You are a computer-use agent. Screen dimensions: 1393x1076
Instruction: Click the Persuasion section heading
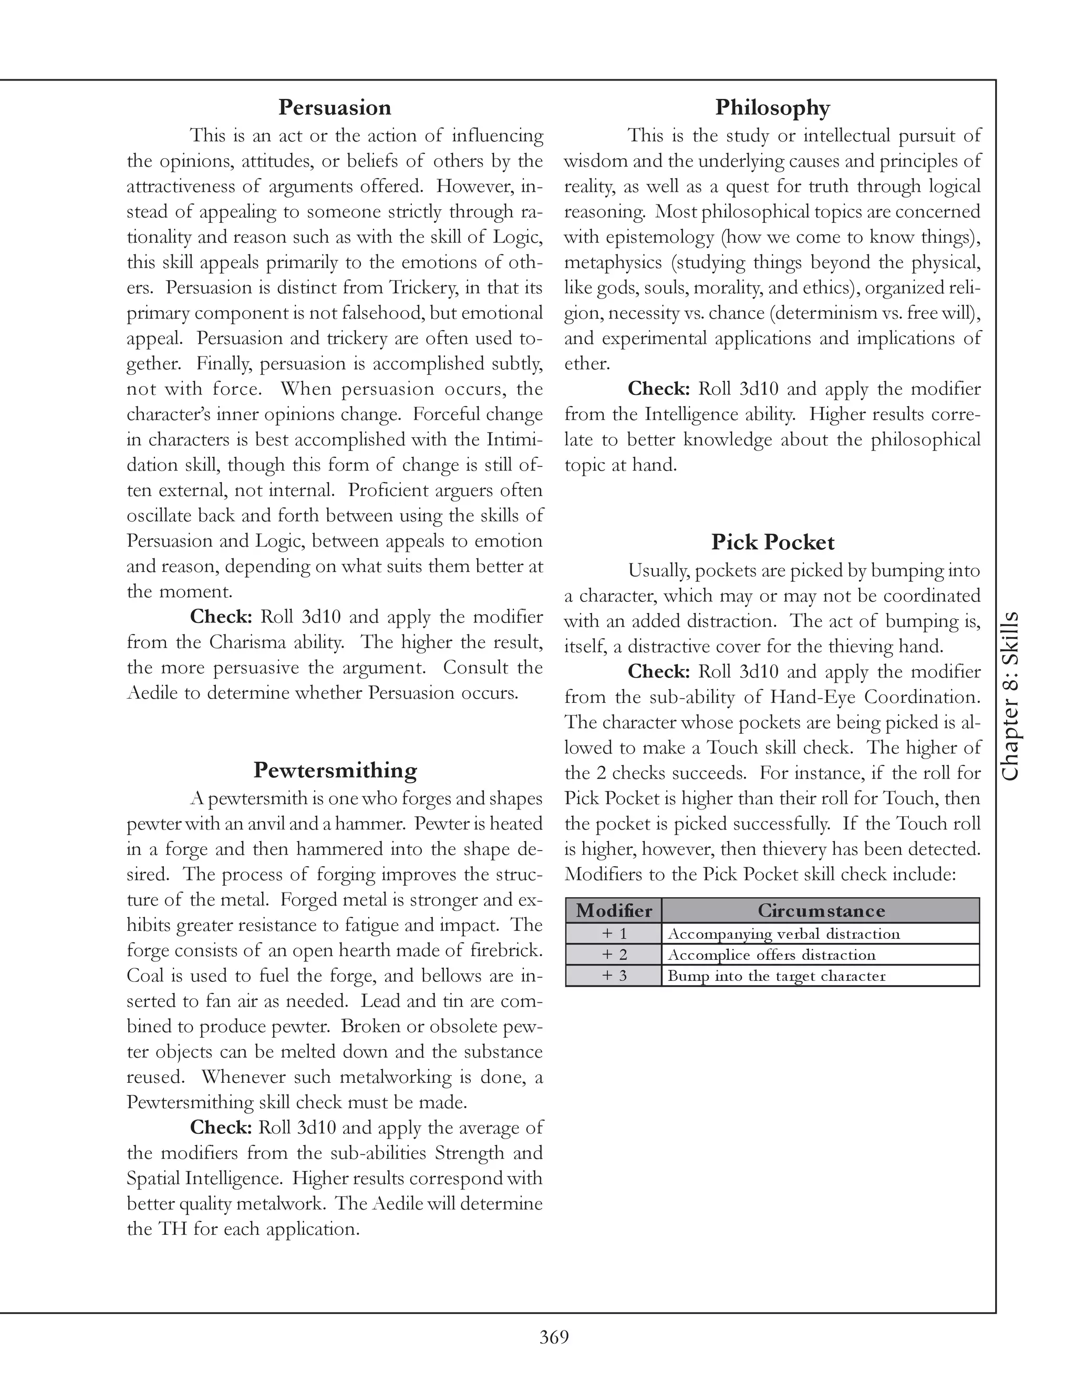[335, 107]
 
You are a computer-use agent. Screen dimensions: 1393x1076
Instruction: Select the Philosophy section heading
[772, 107]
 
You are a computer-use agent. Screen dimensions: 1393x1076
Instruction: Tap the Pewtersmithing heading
[335, 770]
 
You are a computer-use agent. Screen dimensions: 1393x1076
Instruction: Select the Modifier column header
[613, 910]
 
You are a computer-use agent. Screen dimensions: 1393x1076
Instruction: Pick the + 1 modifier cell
[613, 934]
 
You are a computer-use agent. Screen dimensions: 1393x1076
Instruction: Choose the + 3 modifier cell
[613, 976]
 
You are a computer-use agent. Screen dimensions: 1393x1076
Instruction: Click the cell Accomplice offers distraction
[771, 955]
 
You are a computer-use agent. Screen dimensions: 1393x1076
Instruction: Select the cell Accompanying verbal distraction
[783, 934]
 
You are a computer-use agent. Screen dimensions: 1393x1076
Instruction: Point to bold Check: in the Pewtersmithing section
[221, 1128]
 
